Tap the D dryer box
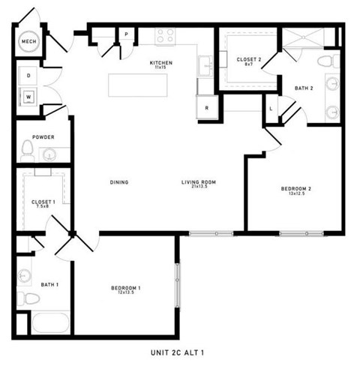click(x=29, y=76)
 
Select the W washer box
click(x=29, y=96)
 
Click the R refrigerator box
click(x=206, y=107)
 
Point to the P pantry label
click(x=127, y=34)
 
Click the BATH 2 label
click(x=304, y=88)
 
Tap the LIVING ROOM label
click(x=198, y=182)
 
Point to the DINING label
click(x=118, y=181)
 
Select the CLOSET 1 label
click(x=43, y=202)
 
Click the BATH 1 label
click(x=49, y=284)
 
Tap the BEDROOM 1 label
click(x=126, y=289)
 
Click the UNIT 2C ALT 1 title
click(x=179, y=352)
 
